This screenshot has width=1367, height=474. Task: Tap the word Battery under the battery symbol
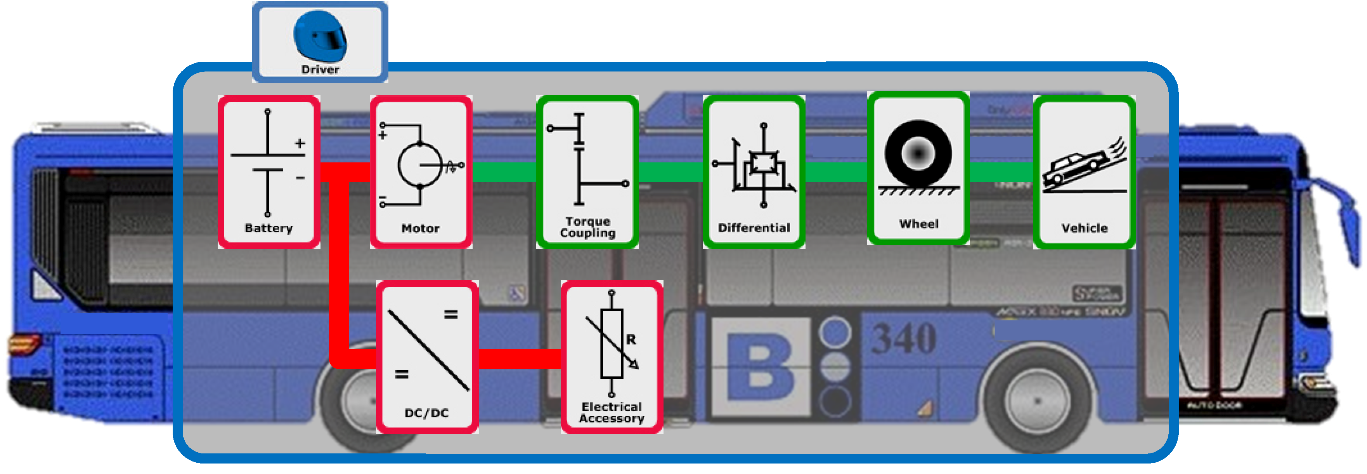[x=269, y=228]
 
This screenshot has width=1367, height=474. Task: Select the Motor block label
[x=420, y=228]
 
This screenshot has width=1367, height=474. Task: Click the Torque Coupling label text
[x=587, y=227]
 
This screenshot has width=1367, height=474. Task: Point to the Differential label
[x=754, y=228]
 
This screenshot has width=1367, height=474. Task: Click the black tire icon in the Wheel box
[x=918, y=153]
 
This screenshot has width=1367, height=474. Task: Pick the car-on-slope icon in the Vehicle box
[x=1082, y=169]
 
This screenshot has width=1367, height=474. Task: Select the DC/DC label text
[x=426, y=413]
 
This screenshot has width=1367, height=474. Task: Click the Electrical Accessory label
[x=612, y=412]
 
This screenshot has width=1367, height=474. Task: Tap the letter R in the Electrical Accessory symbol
[x=631, y=340]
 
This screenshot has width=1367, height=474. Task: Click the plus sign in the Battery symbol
[x=300, y=143]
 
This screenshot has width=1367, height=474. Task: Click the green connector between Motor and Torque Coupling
[x=504, y=172]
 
